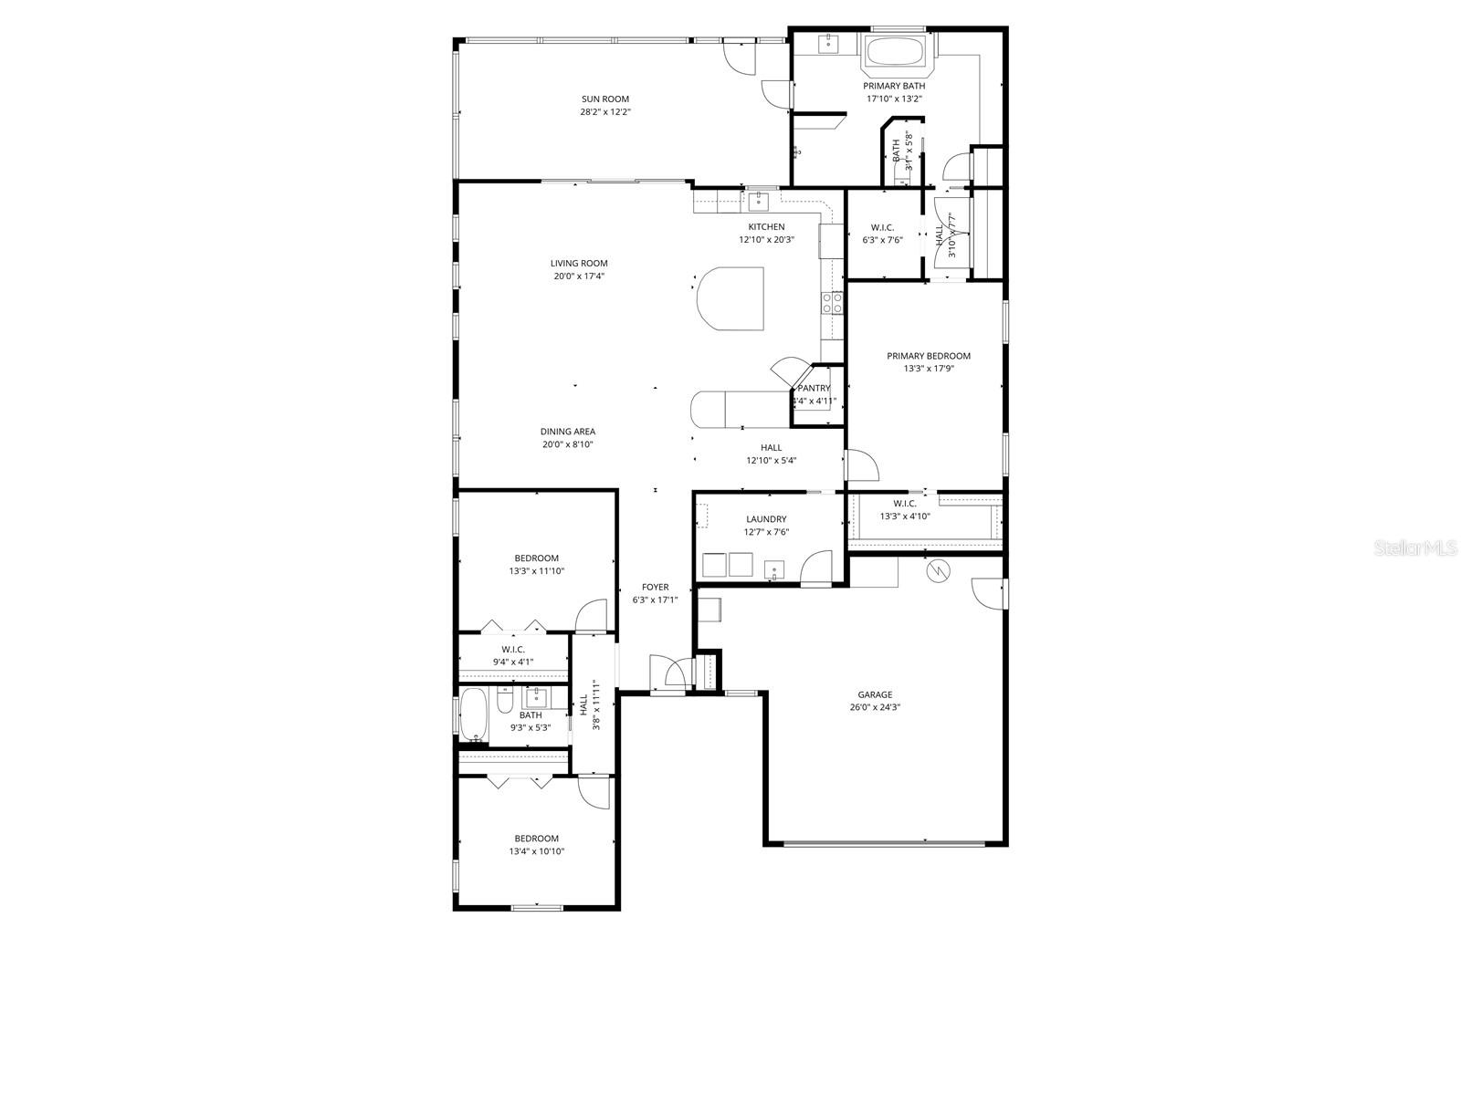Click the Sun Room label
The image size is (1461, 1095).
click(605, 99)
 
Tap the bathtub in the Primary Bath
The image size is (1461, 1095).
click(896, 51)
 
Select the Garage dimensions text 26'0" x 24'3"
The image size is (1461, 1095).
click(875, 707)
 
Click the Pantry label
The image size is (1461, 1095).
click(814, 389)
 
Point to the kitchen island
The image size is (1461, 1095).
click(730, 298)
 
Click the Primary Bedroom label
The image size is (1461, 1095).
click(929, 357)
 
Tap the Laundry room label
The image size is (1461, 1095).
click(766, 519)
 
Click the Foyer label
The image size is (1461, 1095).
click(655, 588)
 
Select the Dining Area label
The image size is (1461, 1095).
click(568, 432)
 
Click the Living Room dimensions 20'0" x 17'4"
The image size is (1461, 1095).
click(581, 276)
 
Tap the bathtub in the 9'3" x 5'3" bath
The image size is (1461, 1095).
click(474, 715)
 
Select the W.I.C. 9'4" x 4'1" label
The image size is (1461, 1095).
click(513, 650)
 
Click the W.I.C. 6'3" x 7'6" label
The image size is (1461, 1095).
click(882, 227)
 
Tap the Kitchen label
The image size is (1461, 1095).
click(766, 227)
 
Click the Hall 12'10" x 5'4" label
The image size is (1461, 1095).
click(772, 448)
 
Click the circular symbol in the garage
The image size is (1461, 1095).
click(938, 571)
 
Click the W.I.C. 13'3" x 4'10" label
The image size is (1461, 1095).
click(905, 504)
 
